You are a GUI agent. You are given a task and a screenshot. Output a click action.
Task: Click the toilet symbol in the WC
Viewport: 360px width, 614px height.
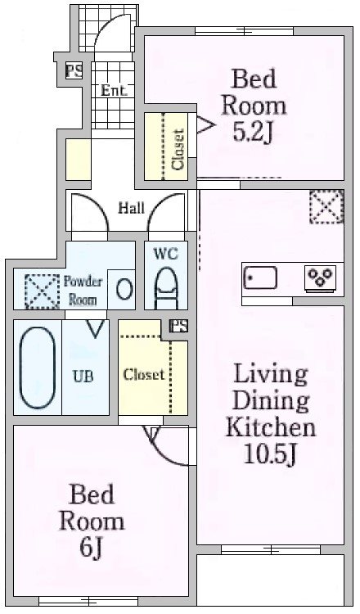[x=166, y=288]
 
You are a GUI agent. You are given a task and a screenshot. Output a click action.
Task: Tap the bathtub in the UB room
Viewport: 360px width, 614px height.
[x=38, y=368]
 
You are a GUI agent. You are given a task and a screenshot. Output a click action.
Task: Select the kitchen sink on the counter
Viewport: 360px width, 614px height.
[x=260, y=278]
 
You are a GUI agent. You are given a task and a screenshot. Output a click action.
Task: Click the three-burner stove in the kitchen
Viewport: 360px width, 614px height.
[x=320, y=278]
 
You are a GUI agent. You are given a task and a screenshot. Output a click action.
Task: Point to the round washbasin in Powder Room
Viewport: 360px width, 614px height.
[x=124, y=289]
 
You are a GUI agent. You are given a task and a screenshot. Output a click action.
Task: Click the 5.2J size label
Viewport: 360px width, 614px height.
[x=253, y=132]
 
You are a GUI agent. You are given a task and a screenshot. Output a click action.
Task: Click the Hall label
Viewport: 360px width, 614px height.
[x=132, y=208]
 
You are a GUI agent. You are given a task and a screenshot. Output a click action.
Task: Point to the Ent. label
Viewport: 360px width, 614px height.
[x=114, y=90]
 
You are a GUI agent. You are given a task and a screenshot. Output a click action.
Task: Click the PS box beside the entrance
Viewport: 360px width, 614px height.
[x=74, y=71]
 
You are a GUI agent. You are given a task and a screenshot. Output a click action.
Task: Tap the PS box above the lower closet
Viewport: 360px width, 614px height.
[x=179, y=326]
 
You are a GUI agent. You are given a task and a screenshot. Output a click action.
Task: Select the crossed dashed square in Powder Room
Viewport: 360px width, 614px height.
[x=42, y=291]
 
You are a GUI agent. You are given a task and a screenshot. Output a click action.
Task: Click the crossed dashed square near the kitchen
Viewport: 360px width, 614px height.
[x=326, y=206]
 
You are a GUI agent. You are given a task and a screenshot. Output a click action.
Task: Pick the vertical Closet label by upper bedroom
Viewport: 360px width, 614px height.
[x=178, y=149]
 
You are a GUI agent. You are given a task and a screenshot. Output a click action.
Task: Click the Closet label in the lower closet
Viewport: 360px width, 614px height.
[x=144, y=375]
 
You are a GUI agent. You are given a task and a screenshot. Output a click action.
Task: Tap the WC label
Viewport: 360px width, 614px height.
[x=166, y=253]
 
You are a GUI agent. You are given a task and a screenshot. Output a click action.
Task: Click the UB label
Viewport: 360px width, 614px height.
[x=83, y=376]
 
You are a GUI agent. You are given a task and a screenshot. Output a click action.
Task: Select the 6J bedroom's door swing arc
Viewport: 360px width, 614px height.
[x=166, y=451]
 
